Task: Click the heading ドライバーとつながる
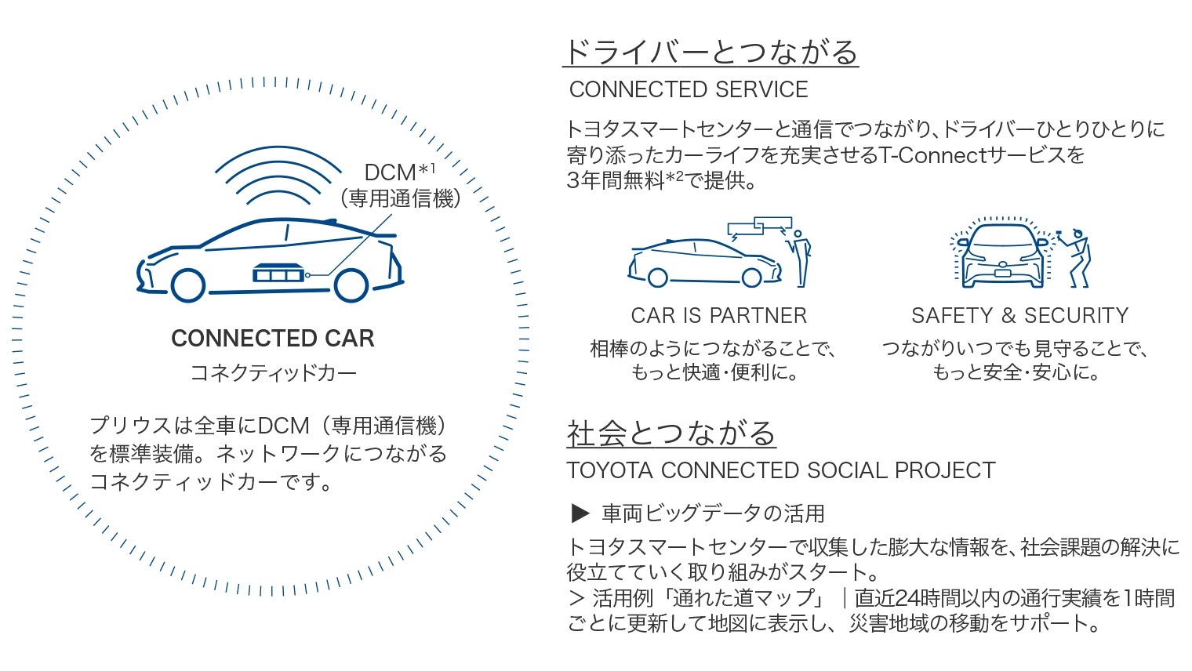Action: pos(711,53)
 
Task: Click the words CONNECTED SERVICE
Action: pos(689,89)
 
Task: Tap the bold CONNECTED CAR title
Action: pos(272,339)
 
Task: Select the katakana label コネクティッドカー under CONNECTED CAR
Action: pos(273,372)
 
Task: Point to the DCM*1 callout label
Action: pos(400,172)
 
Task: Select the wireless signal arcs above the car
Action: pos(278,176)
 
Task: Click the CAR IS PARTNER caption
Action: pos(719,316)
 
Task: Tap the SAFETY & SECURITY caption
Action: pos(1019,316)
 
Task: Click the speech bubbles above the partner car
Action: pos(760,228)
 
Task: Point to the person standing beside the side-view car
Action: pos(800,259)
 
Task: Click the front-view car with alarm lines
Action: pos(1001,254)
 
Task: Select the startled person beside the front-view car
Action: pos(1074,259)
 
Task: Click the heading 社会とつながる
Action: pos(671,433)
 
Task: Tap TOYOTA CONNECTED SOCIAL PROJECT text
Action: pos(780,470)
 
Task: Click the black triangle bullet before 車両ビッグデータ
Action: pos(580,513)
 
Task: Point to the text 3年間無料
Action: pos(616,181)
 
